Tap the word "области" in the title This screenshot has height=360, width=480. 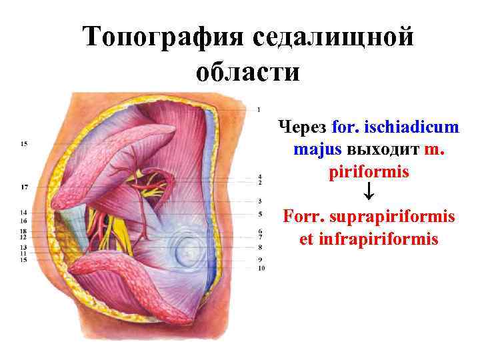coord(248,71)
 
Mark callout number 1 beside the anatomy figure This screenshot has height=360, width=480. coord(258,109)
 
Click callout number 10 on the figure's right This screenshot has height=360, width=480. coord(261,268)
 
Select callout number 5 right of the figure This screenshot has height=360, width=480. coord(259,214)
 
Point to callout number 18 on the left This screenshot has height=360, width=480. coord(23,230)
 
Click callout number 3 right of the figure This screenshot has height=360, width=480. coord(259,201)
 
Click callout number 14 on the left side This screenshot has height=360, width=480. coord(23,212)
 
